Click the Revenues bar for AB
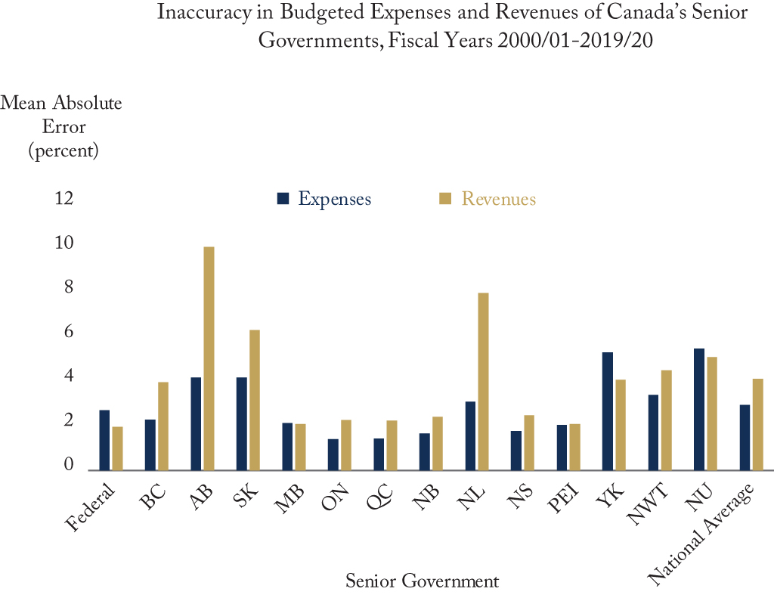[209, 358]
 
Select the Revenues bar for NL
[483, 382]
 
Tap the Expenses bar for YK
[608, 411]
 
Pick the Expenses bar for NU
[699, 410]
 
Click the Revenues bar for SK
[255, 400]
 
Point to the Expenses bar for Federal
[104, 440]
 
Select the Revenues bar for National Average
[757, 425]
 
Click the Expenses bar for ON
[333, 455]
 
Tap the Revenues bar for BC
[163, 426]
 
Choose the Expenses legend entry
[324, 199]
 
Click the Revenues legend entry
[488, 199]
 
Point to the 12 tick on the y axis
[64, 199]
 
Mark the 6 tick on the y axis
[69, 331]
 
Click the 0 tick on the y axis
[69, 464]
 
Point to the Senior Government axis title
[422, 581]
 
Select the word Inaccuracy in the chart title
[204, 12]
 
